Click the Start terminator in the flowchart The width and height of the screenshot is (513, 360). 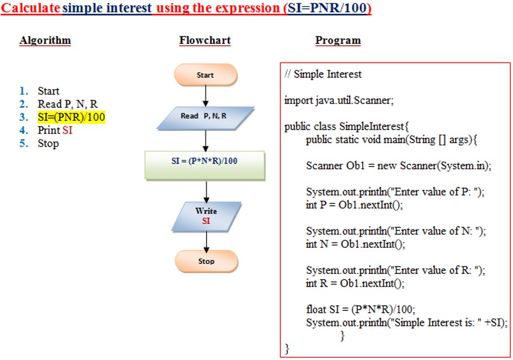(x=206, y=75)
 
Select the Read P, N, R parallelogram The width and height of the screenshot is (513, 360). (x=206, y=118)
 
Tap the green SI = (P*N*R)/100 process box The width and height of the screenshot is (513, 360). (x=205, y=165)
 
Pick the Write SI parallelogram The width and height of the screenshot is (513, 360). (x=207, y=217)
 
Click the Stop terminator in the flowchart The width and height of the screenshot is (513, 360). (x=207, y=261)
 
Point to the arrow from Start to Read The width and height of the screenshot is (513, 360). (x=206, y=96)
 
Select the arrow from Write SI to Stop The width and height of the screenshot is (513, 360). (x=207, y=242)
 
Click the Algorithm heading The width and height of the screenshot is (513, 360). (x=45, y=41)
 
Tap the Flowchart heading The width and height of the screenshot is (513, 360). (x=205, y=41)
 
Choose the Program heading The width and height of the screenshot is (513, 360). (x=338, y=41)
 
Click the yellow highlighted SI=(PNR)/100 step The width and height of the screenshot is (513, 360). (x=72, y=117)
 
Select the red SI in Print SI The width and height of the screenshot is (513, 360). (x=67, y=130)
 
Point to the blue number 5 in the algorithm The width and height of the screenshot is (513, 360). (x=23, y=143)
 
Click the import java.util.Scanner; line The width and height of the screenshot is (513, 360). (x=338, y=100)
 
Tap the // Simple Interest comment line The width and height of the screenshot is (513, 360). (x=323, y=74)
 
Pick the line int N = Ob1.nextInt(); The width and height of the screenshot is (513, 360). (x=355, y=244)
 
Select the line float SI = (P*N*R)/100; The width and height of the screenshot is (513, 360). (x=361, y=310)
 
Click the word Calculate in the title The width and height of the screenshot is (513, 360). (x=31, y=8)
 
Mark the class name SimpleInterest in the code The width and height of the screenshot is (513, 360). (x=371, y=126)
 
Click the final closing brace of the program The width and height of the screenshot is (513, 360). (x=287, y=349)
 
